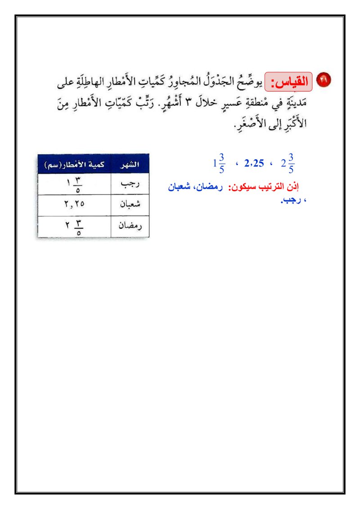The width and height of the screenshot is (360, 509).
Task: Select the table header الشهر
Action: click(x=130, y=164)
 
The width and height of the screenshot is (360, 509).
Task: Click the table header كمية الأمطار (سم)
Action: click(x=74, y=164)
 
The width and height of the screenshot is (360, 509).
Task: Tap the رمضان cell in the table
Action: click(x=130, y=226)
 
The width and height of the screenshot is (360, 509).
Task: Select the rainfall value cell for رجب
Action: click(x=74, y=184)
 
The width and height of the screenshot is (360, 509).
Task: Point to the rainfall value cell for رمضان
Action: click(x=74, y=226)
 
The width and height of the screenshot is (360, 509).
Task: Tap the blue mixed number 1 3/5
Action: click(x=219, y=163)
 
